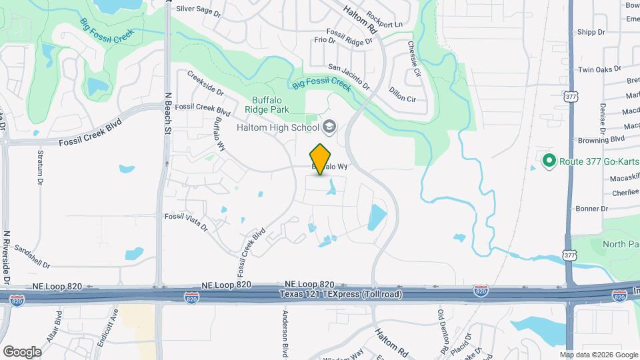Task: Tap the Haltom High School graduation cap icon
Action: pyautogui.click(x=329, y=127)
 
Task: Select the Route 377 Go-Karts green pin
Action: pyautogui.click(x=549, y=160)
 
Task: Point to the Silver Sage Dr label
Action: pyautogui.click(x=198, y=10)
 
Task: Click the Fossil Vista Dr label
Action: pyautogui.click(x=186, y=221)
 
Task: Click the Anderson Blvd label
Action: pyautogui.click(x=285, y=333)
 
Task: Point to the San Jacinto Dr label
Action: pyautogui.click(x=349, y=77)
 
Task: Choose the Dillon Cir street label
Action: pyautogui.click(x=402, y=98)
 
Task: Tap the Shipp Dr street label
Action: pyautogui.click(x=591, y=31)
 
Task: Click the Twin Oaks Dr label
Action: pyautogui.click(x=599, y=69)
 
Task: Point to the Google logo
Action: pyautogui.click(x=22, y=351)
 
